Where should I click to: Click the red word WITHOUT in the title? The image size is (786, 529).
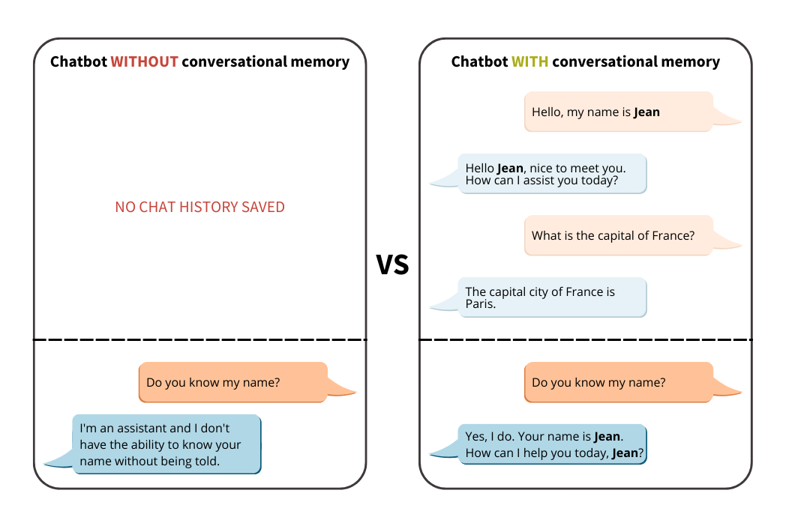click(x=144, y=61)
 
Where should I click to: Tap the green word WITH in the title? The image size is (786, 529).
click(x=530, y=61)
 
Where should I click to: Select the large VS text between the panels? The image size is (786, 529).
click(x=392, y=264)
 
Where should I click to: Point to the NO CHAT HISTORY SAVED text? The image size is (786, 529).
click(x=199, y=207)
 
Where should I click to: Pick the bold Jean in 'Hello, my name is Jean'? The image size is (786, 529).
click(x=646, y=112)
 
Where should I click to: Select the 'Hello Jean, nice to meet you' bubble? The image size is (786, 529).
click(x=552, y=174)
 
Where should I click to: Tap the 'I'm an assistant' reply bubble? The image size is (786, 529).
click(x=166, y=444)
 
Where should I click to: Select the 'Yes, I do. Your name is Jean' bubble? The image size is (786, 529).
click(x=552, y=444)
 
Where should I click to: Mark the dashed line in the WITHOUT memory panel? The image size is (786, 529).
click(x=199, y=339)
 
